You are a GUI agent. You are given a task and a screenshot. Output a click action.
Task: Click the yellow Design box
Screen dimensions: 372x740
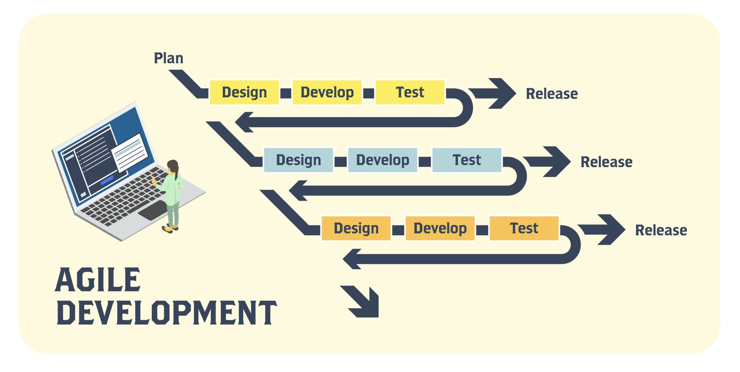[244, 92]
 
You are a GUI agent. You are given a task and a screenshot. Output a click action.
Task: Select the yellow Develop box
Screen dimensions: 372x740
[327, 92]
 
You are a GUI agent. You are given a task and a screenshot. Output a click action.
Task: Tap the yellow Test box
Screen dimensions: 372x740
[410, 92]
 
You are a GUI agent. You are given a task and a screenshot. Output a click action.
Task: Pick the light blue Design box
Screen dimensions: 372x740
[298, 160]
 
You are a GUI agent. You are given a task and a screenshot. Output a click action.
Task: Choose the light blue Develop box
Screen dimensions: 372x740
[382, 160]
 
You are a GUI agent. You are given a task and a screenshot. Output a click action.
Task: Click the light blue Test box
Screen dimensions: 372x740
[466, 160]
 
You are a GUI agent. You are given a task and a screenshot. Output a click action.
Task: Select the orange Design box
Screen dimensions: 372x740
[356, 228]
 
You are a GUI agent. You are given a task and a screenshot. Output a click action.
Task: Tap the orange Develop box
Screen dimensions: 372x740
[440, 228]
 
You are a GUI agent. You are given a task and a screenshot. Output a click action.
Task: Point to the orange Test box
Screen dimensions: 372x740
[524, 228]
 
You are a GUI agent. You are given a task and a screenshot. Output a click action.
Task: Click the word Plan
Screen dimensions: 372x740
[168, 58]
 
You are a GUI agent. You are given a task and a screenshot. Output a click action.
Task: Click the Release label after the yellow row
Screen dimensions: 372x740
[552, 94]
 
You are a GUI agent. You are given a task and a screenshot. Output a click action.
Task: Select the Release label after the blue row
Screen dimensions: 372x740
[606, 162]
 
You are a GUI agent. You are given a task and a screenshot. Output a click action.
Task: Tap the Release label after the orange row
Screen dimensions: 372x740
[661, 230]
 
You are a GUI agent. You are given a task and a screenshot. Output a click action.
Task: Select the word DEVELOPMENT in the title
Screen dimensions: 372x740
[166, 312]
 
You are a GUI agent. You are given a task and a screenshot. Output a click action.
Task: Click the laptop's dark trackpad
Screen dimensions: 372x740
[153, 210]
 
